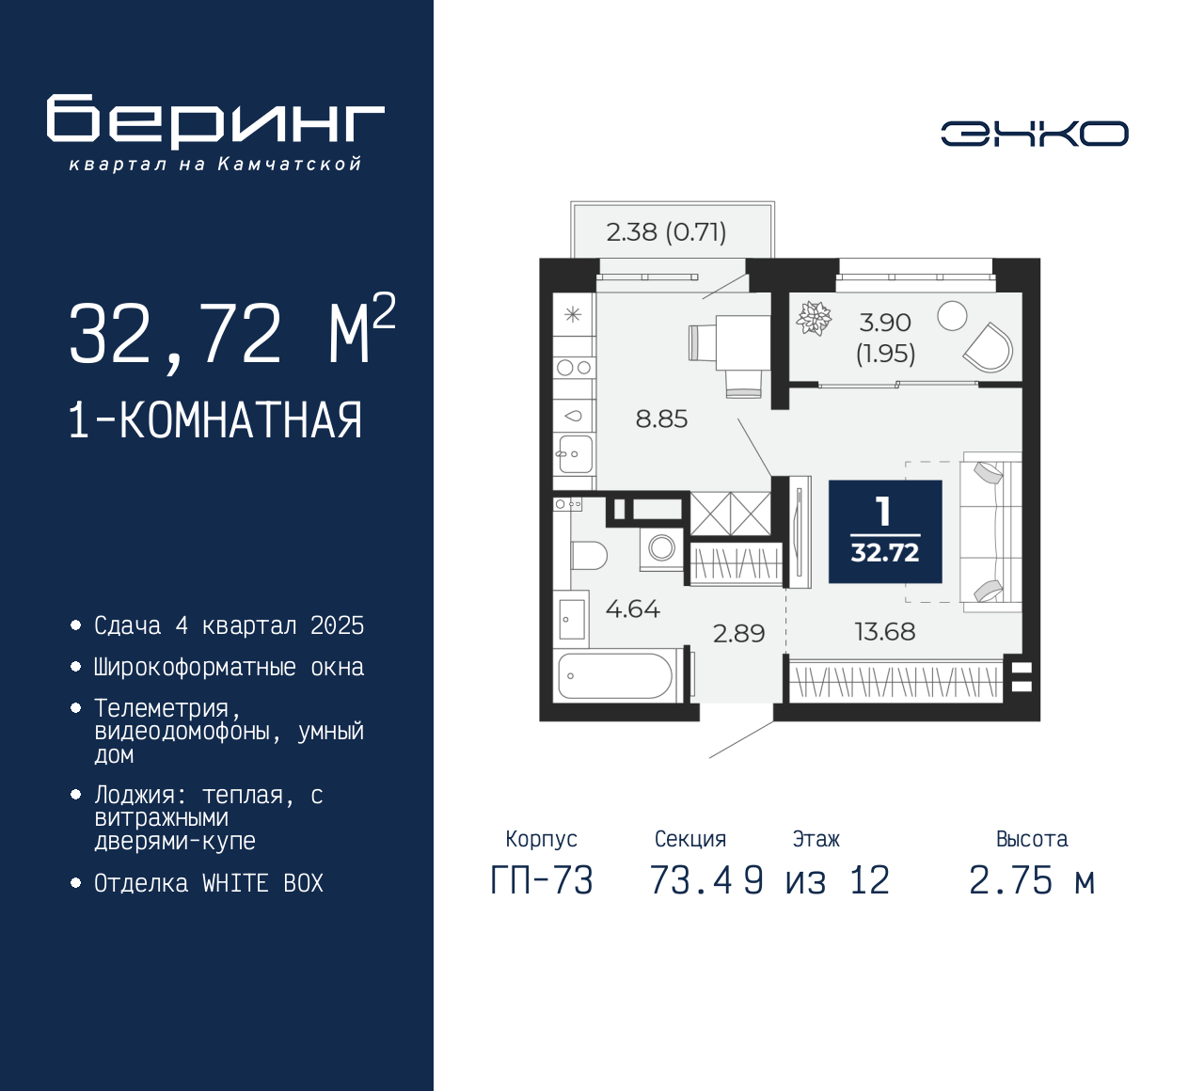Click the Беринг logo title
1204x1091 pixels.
click(215, 120)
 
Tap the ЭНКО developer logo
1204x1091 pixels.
click(1034, 134)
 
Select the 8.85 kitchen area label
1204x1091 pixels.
click(661, 419)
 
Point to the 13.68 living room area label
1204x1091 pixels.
click(884, 632)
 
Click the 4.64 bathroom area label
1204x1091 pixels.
click(632, 609)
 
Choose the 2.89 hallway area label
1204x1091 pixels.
click(738, 634)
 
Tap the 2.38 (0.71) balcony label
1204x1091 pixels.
click(666, 232)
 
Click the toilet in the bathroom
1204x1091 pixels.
click(589, 555)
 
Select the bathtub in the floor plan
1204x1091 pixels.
click(616, 676)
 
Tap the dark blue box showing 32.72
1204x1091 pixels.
click(884, 531)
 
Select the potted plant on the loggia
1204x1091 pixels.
click(814, 318)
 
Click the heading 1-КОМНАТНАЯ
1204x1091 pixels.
click(215, 420)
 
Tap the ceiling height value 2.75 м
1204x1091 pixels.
click(1032, 881)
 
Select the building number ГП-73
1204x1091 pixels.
click(542, 881)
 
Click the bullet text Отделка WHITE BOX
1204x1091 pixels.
click(209, 884)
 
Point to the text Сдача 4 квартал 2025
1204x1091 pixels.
click(229, 626)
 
